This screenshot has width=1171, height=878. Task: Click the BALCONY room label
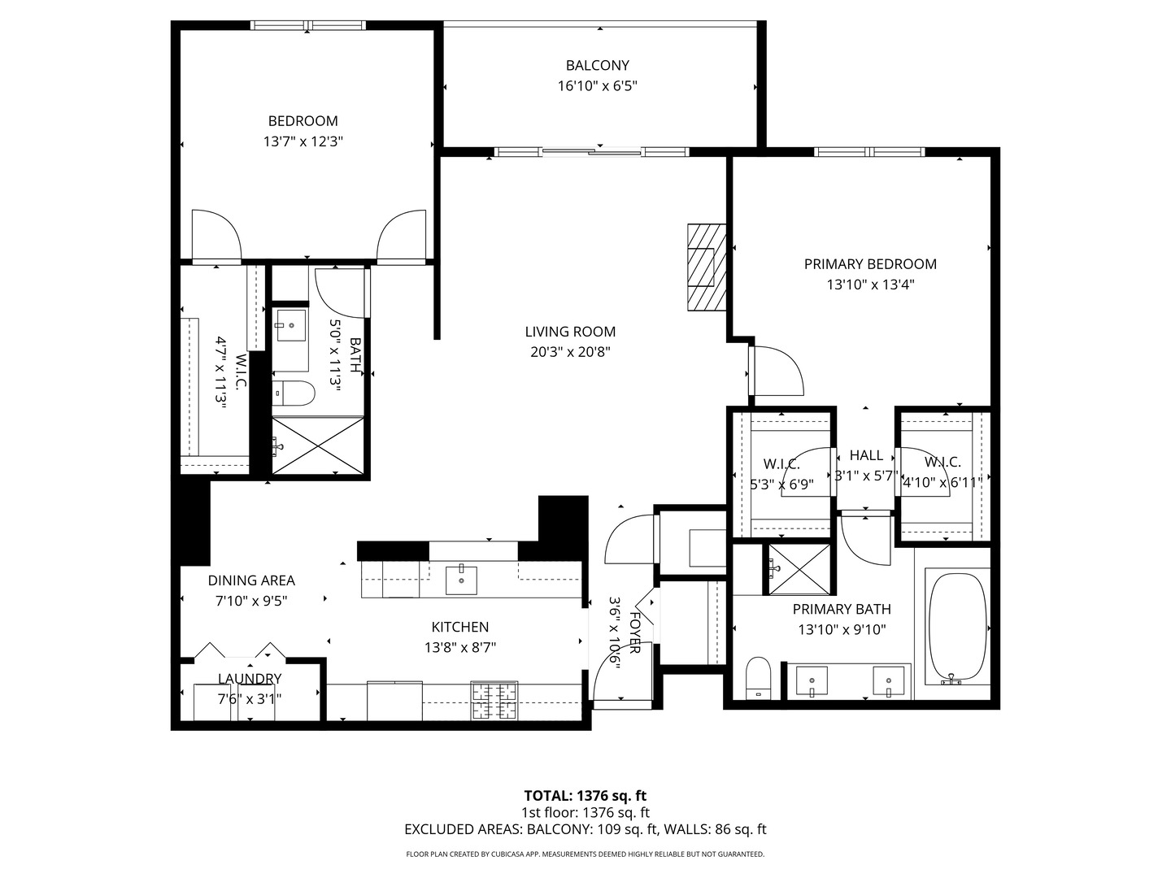[x=597, y=65]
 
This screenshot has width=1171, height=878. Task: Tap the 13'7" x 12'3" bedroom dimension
[x=303, y=141]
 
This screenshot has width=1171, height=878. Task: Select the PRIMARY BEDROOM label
[x=869, y=264]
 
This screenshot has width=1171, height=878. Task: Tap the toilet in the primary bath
[x=758, y=676]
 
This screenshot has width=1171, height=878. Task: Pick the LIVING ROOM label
[x=570, y=332]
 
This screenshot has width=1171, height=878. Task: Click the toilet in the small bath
[x=294, y=393]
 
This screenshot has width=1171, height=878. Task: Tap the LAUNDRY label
[x=250, y=679]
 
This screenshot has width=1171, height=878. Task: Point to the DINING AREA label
[x=251, y=580]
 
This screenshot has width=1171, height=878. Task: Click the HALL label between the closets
[x=866, y=455]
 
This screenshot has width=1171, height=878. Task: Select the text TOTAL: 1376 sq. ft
[x=585, y=795]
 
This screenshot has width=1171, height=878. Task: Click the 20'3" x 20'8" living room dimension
[x=569, y=353]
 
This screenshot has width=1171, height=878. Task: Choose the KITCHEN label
[x=459, y=627]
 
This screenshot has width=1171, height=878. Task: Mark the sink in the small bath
[x=290, y=326]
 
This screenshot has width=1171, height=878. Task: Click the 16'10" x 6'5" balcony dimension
[x=597, y=86]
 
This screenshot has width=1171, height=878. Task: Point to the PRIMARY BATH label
[x=842, y=609]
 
